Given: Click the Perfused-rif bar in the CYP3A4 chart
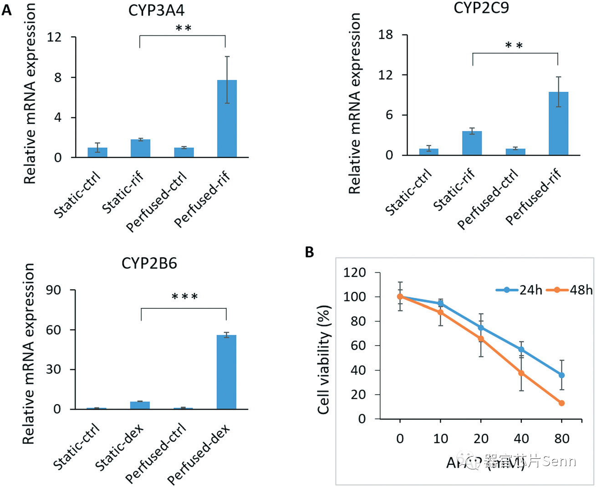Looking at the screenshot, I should (x=227, y=119).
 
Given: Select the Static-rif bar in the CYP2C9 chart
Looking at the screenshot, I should (x=472, y=143).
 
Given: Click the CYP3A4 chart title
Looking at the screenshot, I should (x=156, y=11).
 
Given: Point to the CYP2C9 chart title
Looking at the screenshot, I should (x=481, y=8).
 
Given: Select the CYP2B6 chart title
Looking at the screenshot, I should (x=149, y=264).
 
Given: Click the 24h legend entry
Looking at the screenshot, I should (x=520, y=290).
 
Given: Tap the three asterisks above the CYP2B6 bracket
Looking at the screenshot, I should (x=184, y=297).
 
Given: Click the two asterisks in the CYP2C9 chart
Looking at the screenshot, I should (x=514, y=46).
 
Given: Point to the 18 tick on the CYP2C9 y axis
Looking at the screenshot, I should (x=385, y=35).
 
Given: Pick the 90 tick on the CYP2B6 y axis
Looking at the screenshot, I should (x=53, y=290).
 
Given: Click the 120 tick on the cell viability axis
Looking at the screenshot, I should (x=355, y=273).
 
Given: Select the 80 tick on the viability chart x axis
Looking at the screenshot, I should (x=562, y=439).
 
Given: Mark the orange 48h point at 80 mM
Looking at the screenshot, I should (x=561, y=403).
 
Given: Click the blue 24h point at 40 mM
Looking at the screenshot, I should (x=521, y=350).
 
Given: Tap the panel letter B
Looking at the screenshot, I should (x=310, y=252).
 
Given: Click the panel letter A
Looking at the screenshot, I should (x=6, y=10).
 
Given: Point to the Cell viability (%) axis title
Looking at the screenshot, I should (x=323, y=359).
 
